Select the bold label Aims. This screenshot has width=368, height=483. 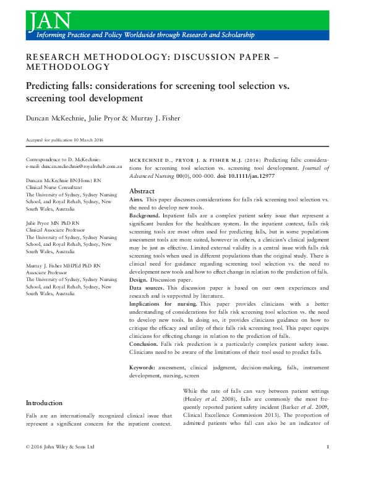tap(137, 200)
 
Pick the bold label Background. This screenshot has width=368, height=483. tap(146, 216)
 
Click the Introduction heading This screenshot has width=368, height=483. tap(44, 403)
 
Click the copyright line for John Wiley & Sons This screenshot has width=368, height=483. tap(60, 463)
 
